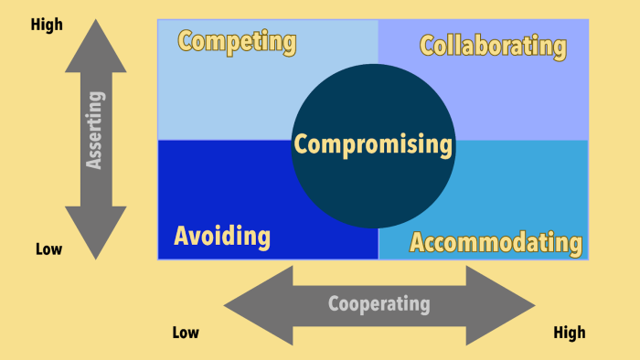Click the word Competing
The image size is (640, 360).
(237, 41)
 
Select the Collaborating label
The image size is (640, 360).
(493, 45)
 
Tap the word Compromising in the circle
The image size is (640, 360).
(373, 144)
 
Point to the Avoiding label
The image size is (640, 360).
(222, 237)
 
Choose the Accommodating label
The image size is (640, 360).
(496, 242)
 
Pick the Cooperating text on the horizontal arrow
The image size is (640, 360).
(379, 304)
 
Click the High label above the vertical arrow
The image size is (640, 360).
(48, 25)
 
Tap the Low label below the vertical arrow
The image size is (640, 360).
(48, 249)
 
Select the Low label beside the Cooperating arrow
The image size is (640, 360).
(186, 333)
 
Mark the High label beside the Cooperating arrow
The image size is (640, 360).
(569, 333)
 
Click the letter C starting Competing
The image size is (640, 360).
(186, 41)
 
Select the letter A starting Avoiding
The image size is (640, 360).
(182, 237)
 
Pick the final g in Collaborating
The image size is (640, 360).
(559, 48)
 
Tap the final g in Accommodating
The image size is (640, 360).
(573, 244)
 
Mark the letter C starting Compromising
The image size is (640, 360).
(302, 144)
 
